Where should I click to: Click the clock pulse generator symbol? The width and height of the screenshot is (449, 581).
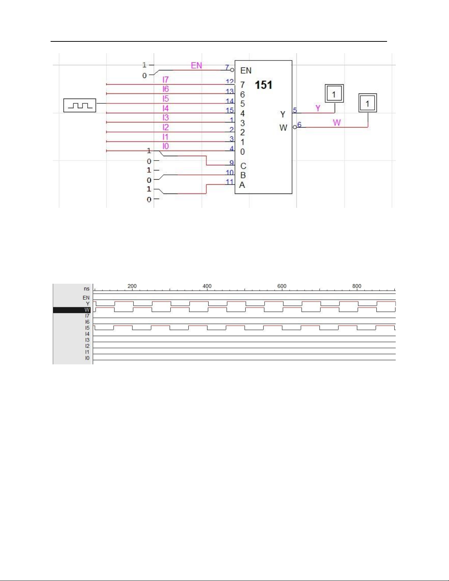(x=80, y=105)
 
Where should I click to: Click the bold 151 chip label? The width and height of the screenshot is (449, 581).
(x=264, y=85)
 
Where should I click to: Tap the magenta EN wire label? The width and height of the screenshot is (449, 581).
(x=196, y=66)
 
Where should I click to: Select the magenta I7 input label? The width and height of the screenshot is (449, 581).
(x=166, y=80)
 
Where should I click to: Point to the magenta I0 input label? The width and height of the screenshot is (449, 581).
(x=166, y=146)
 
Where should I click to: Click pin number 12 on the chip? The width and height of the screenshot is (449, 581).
(x=229, y=81)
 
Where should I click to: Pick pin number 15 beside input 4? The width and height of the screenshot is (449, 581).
(x=229, y=110)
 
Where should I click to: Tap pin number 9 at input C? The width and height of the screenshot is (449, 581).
(x=232, y=162)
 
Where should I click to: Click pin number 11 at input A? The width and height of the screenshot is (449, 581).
(x=229, y=182)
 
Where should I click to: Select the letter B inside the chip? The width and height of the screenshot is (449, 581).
(x=243, y=175)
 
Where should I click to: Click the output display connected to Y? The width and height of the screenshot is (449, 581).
(x=334, y=93)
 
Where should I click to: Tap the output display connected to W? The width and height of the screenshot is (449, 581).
(x=368, y=103)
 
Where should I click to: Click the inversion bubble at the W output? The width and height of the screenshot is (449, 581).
(x=295, y=127)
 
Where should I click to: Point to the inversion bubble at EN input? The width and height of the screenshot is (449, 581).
(x=232, y=70)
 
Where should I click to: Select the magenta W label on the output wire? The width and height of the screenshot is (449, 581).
(x=337, y=122)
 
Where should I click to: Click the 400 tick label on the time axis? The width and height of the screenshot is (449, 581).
(x=207, y=286)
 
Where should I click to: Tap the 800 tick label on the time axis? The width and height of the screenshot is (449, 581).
(x=357, y=286)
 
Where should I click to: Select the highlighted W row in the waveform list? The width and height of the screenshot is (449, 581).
(x=72, y=310)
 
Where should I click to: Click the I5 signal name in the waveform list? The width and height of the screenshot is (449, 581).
(x=87, y=328)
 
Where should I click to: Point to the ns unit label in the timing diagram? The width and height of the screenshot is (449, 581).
(x=87, y=289)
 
